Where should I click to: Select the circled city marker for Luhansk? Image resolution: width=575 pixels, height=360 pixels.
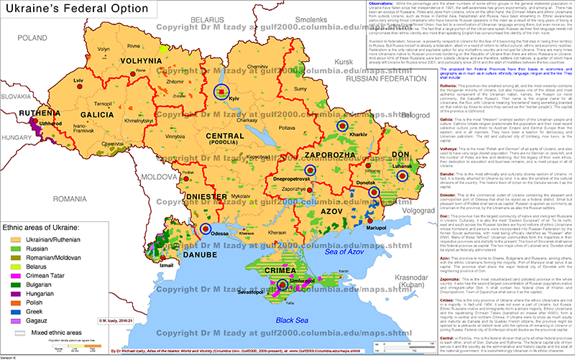[x=402, y=175]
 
